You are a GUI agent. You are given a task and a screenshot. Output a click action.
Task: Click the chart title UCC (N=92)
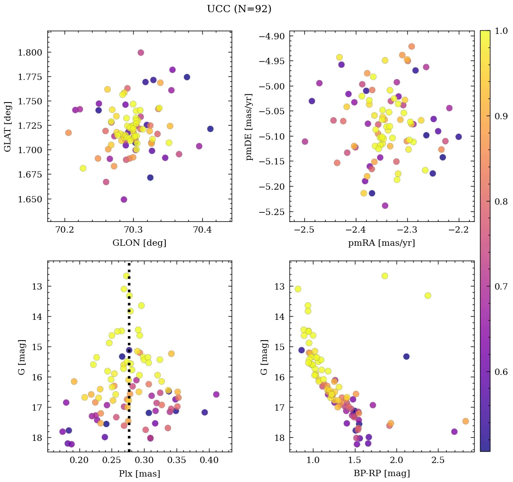coord(239,9)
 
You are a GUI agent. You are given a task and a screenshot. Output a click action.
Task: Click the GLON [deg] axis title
coord(139,243)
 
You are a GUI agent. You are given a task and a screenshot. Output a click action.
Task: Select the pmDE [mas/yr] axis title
coord(249,127)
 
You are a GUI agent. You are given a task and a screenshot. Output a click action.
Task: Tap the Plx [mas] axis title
coord(139,473)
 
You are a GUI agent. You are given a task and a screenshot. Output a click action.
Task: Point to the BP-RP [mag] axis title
coord(382,473)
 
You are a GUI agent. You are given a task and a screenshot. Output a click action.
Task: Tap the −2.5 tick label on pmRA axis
coord(304,230)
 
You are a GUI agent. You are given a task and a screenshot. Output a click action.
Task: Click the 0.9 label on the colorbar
coord(500,116)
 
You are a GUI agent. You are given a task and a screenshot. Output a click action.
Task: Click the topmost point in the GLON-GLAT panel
coord(140,52)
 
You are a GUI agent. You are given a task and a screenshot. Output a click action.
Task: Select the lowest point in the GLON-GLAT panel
coord(124,199)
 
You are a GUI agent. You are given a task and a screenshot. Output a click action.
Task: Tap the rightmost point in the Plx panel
coord(216,394)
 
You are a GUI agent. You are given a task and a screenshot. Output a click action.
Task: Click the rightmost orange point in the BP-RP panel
coord(466,421)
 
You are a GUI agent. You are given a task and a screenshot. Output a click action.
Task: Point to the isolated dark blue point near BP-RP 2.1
coord(406,356)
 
